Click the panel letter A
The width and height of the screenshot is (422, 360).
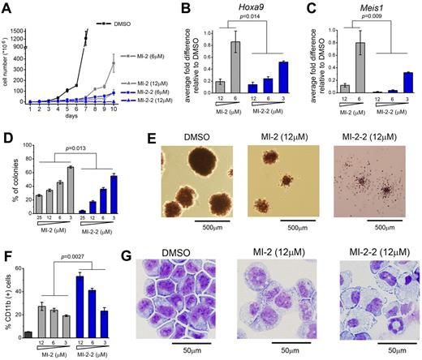6,7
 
